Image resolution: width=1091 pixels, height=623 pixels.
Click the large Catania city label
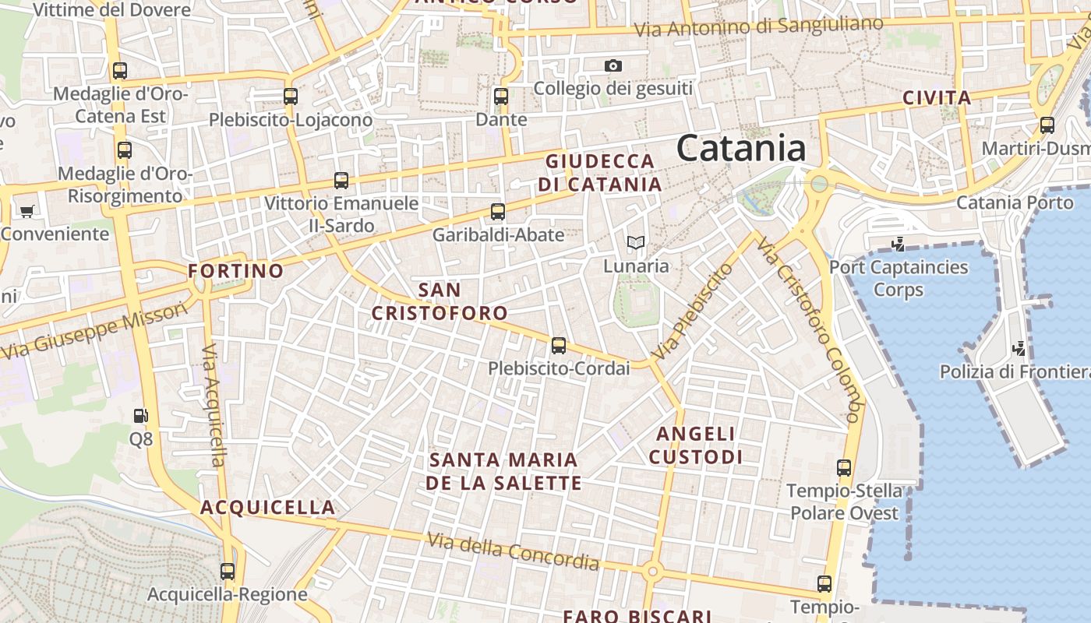[x=740, y=148]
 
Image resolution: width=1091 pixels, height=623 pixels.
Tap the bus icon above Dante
[x=501, y=97]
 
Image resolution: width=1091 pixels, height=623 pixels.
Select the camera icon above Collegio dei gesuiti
[x=613, y=66]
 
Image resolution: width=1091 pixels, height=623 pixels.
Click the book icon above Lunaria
[x=636, y=243]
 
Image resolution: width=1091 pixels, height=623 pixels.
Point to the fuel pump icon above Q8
[x=140, y=417]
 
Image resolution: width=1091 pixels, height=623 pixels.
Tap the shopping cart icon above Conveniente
[x=27, y=211]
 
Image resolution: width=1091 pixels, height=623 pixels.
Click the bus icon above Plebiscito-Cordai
[x=558, y=346]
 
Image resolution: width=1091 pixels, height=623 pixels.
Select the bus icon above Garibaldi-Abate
[x=498, y=211]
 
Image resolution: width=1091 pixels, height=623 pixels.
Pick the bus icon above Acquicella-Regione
[x=228, y=572]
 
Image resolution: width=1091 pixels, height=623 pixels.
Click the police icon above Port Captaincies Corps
[x=898, y=244]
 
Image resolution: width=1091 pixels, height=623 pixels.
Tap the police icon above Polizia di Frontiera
[x=1018, y=348]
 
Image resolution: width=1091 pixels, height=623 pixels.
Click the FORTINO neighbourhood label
[x=236, y=271]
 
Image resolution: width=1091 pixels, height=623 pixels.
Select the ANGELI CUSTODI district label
[x=696, y=445]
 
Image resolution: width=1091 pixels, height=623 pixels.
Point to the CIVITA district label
[x=937, y=98]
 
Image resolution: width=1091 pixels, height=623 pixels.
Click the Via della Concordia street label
[x=514, y=551]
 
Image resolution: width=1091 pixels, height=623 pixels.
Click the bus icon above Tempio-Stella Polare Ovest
[x=844, y=468]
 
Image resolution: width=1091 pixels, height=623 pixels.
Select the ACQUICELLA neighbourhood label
[x=268, y=508]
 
